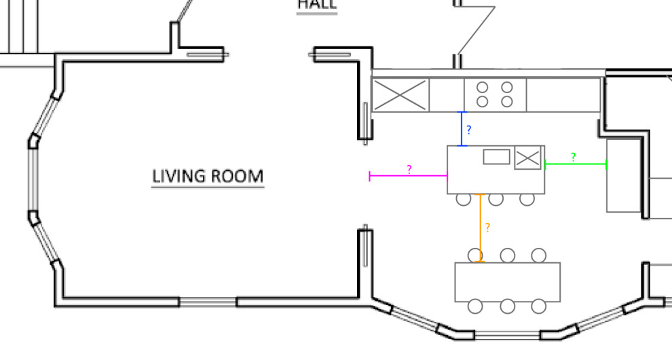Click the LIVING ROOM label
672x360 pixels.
pos(207,177)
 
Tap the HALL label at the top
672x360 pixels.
pos(316,5)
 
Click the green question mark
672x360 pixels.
pos(574,157)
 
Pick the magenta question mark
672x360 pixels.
pos(409,169)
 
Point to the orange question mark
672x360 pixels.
pos(487,228)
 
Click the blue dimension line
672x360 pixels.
pos(462,129)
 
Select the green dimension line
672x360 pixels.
pos(576,164)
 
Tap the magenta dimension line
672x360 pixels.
pos(408,176)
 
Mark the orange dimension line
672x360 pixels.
pos(481,228)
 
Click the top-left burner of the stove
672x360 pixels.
pos(483,87)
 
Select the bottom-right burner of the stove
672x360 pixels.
pos(507,102)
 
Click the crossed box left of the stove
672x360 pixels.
pos(400,96)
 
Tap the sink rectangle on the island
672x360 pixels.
pos(496,157)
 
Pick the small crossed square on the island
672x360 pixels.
pos(527,158)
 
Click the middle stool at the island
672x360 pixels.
pos(496,199)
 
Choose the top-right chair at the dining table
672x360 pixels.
pos(539,255)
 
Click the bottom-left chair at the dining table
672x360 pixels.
pos(475,306)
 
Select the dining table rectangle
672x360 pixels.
pos(508,282)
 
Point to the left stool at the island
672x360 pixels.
pos(464,199)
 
